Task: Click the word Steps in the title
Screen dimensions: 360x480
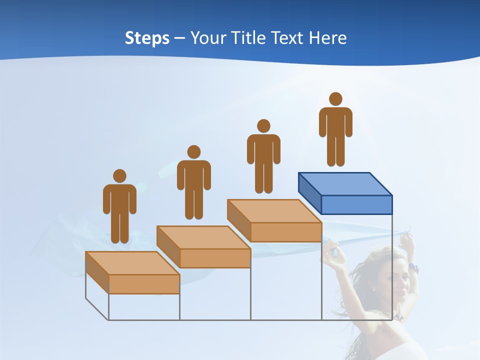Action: coord(147,38)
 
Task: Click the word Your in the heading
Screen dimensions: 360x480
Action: coord(208,38)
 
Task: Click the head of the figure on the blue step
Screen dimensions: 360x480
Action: coord(335,99)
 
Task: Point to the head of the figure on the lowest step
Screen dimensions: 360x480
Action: coord(119,176)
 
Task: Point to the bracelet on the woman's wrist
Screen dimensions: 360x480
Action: coord(412,267)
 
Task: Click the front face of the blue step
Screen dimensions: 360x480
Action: coord(356,204)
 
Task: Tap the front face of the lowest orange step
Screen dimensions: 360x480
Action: coord(144,284)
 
